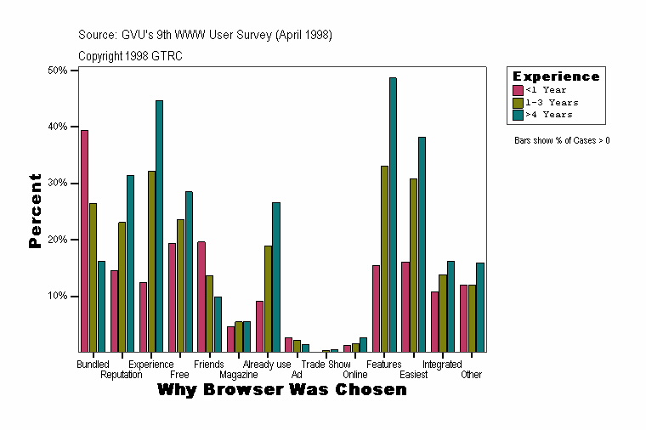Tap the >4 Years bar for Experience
(x=159, y=226)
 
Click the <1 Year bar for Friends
(x=201, y=297)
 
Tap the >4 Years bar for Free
(x=189, y=272)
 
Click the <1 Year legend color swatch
(x=518, y=89)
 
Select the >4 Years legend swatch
(x=518, y=114)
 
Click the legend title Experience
(x=556, y=76)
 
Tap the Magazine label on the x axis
(x=238, y=375)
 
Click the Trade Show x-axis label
(x=326, y=365)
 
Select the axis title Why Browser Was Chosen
(x=281, y=390)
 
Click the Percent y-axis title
(x=35, y=211)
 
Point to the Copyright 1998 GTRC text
(x=130, y=56)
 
